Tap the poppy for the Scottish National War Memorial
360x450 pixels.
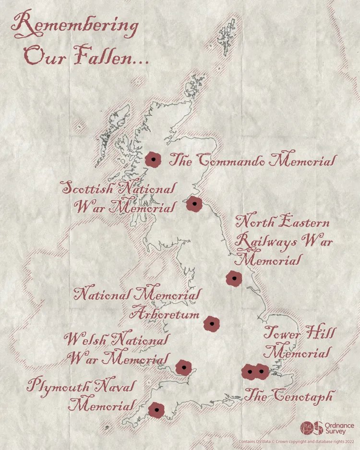[x=194, y=204]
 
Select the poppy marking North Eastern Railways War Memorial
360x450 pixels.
[x=234, y=279]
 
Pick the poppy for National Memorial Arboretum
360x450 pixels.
[x=211, y=324]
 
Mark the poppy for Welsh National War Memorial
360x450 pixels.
[x=183, y=367]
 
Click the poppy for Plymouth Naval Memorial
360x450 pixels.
[x=156, y=410]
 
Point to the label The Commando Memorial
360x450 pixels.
[x=252, y=160]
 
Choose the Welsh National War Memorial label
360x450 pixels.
[x=117, y=349]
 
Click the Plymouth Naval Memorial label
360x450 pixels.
[x=82, y=395]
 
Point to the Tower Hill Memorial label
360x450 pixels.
[x=298, y=342]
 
